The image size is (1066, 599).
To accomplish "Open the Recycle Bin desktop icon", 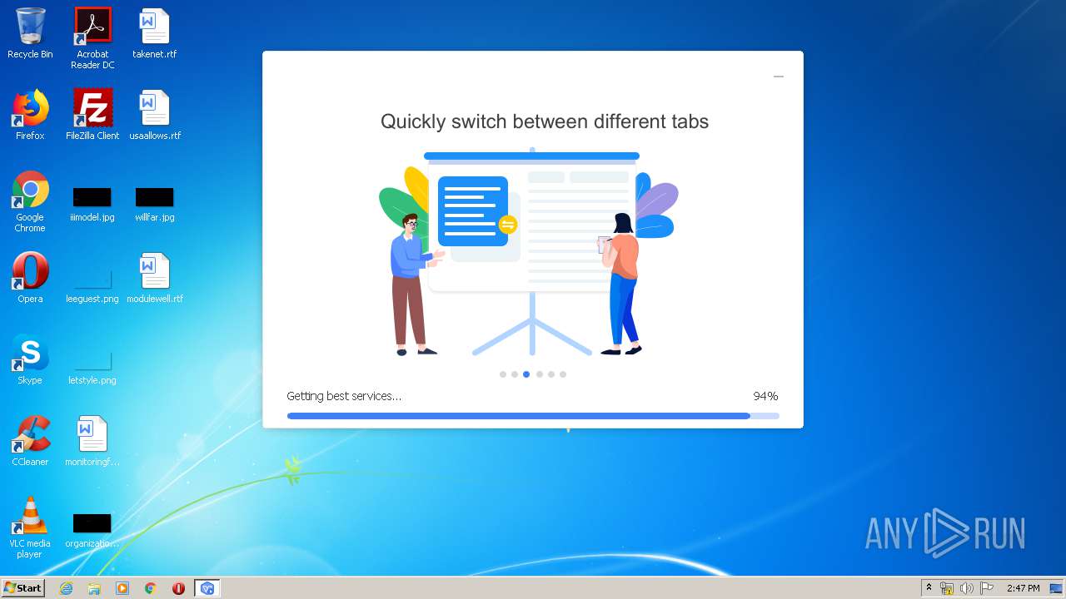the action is pos(31,26).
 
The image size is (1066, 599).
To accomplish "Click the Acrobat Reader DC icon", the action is pos(92,26).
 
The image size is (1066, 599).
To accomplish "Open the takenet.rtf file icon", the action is pos(154,26).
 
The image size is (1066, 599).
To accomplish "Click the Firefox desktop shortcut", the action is pos(31,107).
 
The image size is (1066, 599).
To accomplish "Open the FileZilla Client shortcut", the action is pos(92,107).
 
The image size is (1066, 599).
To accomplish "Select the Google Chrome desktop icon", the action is pos(31,189).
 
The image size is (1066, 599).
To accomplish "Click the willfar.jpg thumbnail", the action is pos(154,197).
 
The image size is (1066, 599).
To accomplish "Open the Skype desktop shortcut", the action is pos(31,353).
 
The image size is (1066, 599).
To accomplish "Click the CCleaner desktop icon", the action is pos(31,433).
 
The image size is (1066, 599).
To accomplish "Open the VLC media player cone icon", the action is pos(31,515).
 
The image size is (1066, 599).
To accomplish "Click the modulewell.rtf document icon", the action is pos(154,270).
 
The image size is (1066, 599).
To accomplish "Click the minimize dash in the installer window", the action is pos(779,77).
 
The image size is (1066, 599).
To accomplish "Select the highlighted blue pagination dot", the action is pos(526,374).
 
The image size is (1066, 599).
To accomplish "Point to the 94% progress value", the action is pos(765,396).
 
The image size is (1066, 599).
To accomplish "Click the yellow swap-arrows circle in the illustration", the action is pos(508,225).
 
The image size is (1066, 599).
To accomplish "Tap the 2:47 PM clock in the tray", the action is pos(1024,588).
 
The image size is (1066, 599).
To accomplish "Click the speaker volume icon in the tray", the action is pos(967,588).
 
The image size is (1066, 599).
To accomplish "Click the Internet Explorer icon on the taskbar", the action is pos(66,588).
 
